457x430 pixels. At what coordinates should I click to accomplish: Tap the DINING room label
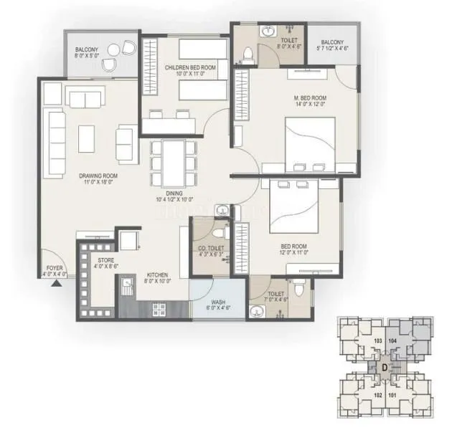172,193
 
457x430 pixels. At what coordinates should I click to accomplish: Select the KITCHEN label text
157,274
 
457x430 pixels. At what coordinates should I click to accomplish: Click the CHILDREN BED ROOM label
195,67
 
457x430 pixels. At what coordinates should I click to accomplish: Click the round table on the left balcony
115,49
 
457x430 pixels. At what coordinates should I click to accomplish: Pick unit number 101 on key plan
392,394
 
